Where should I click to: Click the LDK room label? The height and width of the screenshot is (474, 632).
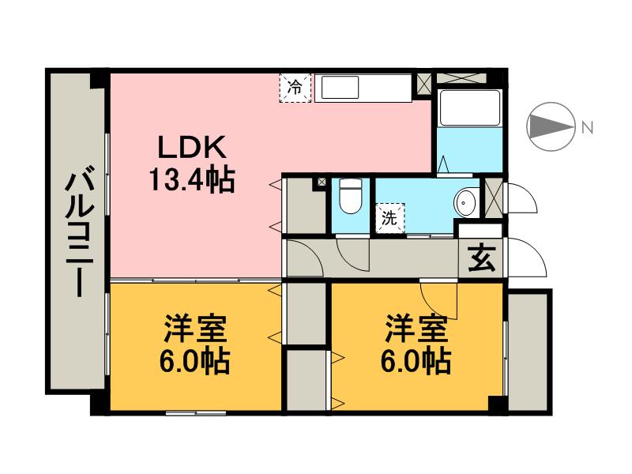pyautogui.click(x=191, y=147)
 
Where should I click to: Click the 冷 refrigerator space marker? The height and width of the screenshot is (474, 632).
pyautogui.click(x=295, y=88)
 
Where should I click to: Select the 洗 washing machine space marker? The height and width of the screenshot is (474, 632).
pyautogui.click(x=389, y=218)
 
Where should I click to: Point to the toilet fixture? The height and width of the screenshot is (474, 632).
pyautogui.click(x=350, y=196)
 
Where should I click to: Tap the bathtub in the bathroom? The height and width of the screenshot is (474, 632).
pyautogui.click(x=470, y=107)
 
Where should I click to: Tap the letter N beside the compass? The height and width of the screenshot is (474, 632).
pyautogui.click(x=588, y=128)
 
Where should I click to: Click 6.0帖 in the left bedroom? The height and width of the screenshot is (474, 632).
pyautogui.click(x=195, y=361)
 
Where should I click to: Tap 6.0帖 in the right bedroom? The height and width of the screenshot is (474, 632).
pyautogui.click(x=416, y=361)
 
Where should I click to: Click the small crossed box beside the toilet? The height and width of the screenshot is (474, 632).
pyautogui.click(x=322, y=182)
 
